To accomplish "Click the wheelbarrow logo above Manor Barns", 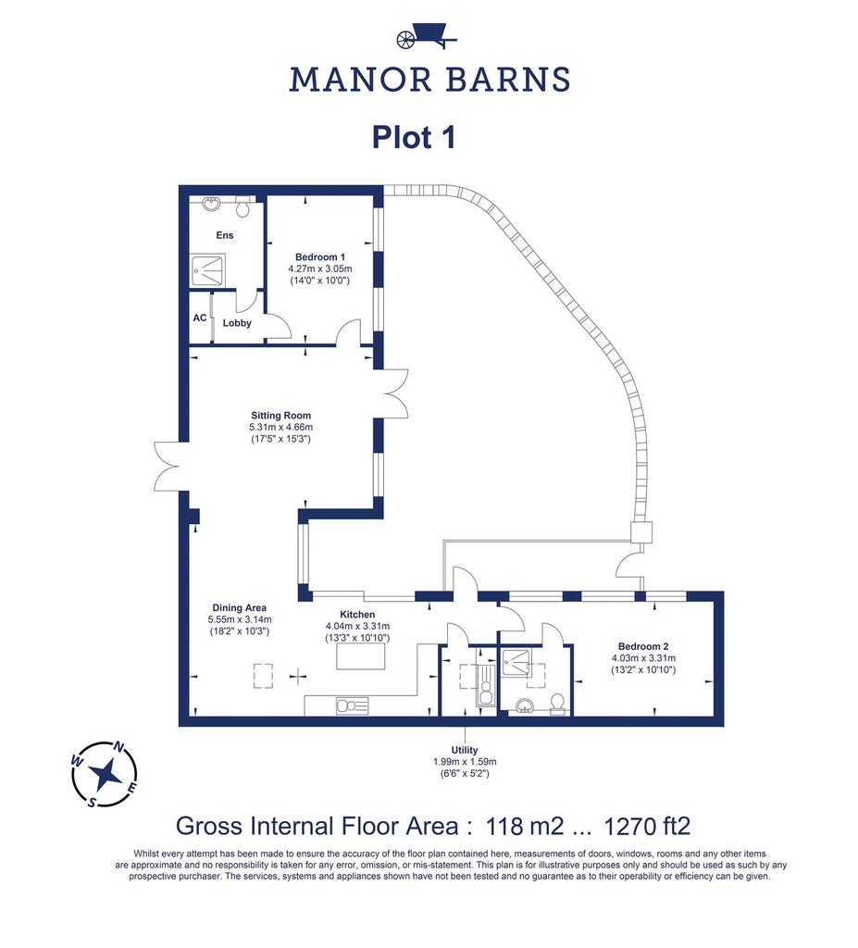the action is tap(428, 36).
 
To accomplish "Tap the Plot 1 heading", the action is tap(414, 137).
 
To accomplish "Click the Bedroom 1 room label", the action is tap(320, 257).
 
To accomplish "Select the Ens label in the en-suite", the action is tap(224, 235).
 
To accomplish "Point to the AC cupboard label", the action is tap(200, 318).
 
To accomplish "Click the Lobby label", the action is tap(237, 323).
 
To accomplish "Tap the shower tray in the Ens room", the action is tap(208, 269).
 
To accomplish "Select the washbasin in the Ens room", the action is tap(212, 203).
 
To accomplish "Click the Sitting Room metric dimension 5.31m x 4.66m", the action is tap(281, 427).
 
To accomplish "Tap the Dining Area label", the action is tap(240, 607).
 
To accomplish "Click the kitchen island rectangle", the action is tap(361, 656).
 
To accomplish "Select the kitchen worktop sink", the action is tap(352, 705).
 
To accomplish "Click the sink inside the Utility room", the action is tap(486, 686).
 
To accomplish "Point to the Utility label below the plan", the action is tap(465, 750).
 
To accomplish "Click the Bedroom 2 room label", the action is tap(643, 646).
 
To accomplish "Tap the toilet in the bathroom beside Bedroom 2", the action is tap(557, 704).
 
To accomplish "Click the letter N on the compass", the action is tap(119, 748).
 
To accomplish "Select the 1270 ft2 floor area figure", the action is tap(647, 825).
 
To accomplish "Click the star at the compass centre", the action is tap(106, 774).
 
